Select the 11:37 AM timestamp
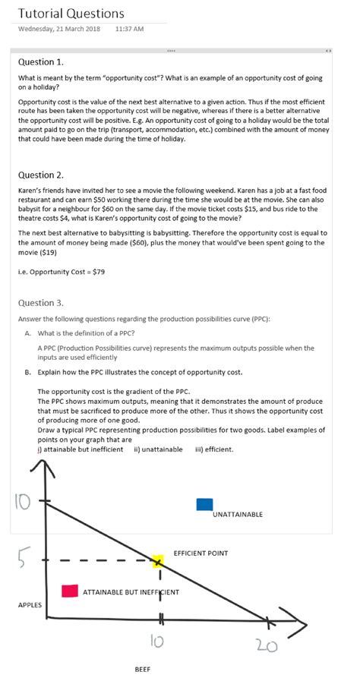129,29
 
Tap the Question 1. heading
40,61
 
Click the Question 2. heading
40,175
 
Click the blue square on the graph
204,504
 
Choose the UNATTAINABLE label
238,515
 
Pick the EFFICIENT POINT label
201,553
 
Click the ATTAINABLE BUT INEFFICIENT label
130,591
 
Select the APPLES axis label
30,605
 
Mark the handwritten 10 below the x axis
155,642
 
